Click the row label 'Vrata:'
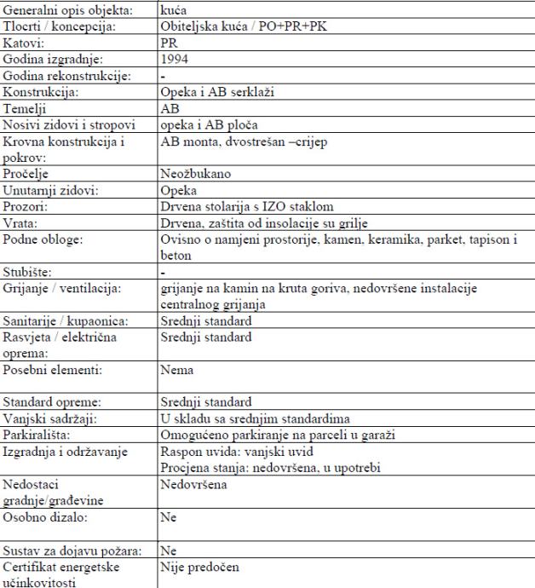tap(21, 221)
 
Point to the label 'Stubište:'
tap(30, 272)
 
